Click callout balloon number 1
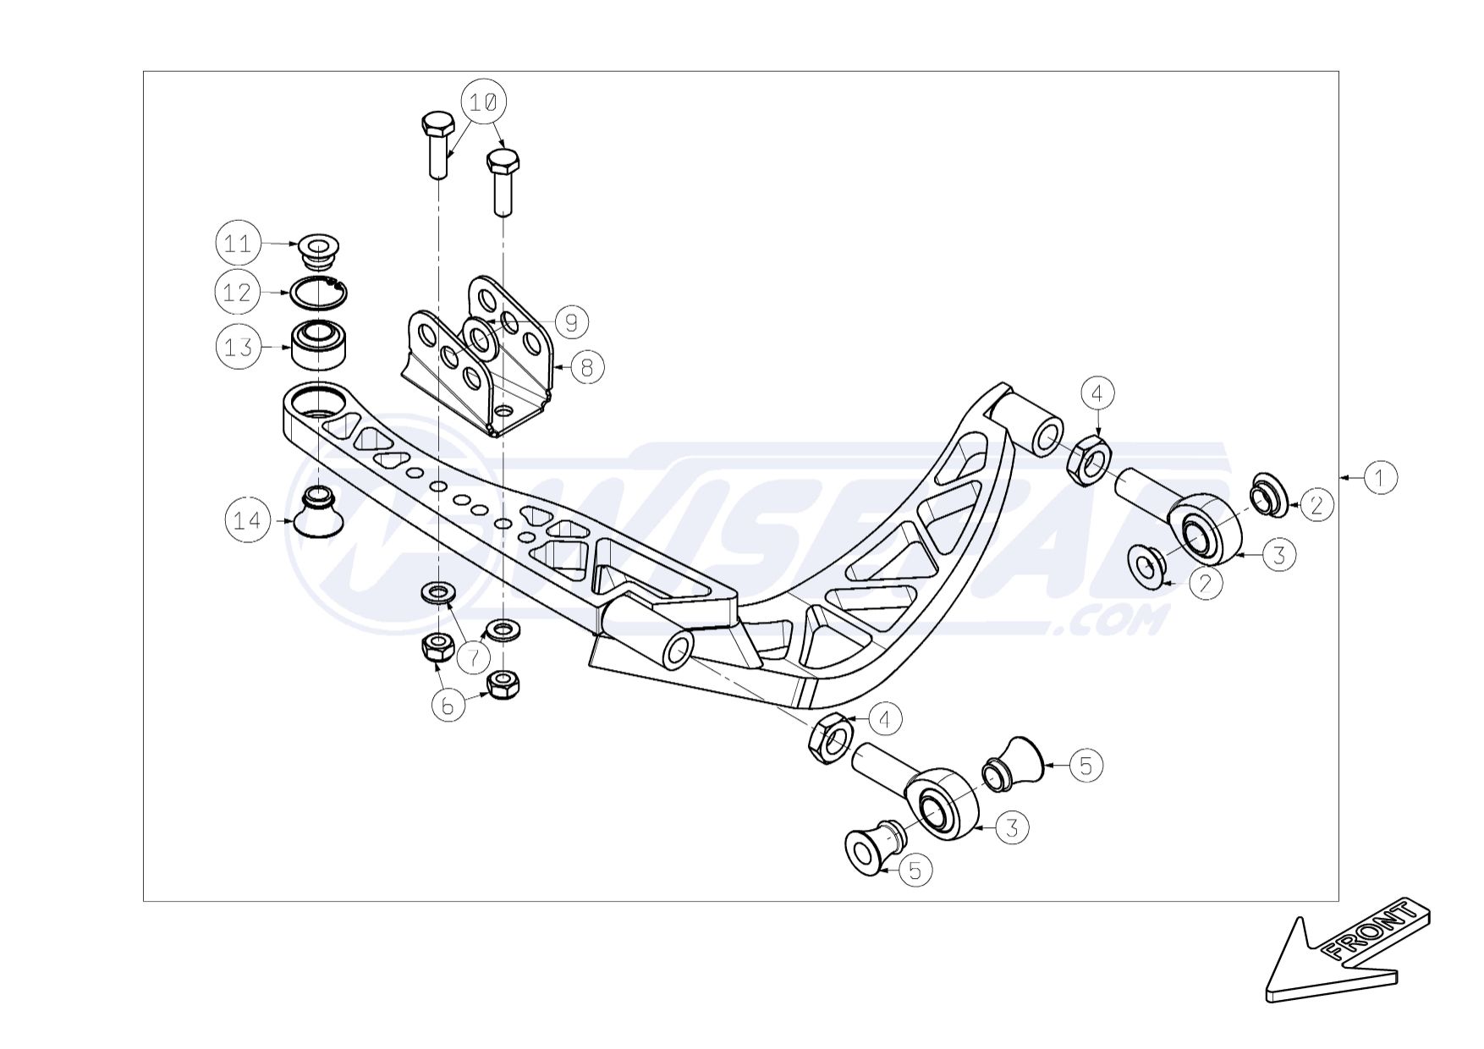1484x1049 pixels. click(x=1380, y=477)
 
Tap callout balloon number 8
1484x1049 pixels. click(x=587, y=366)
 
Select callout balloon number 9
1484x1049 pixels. click(x=571, y=321)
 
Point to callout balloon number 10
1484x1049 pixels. click(x=483, y=102)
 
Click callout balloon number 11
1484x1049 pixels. click(x=237, y=244)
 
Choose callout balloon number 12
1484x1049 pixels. click(x=237, y=293)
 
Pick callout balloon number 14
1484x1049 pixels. click(x=247, y=520)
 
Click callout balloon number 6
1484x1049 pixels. click(x=449, y=705)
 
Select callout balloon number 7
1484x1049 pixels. click(x=474, y=656)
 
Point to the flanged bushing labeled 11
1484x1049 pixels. click(x=318, y=251)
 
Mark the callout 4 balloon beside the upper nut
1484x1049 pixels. click(x=1097, y=393)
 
